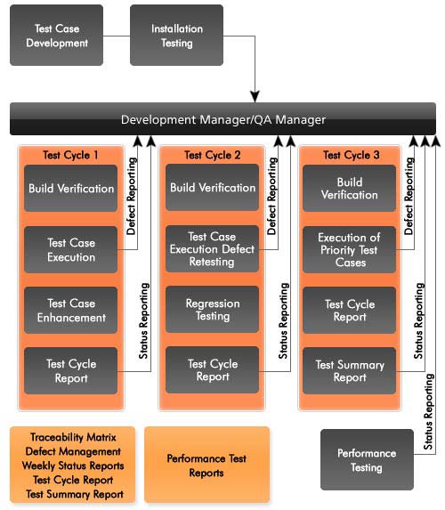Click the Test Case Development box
click(x=57, y=35)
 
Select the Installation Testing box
click(x=176, y=35)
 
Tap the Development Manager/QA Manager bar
click(x=222, y=119)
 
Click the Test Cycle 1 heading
click(x=70, y=155)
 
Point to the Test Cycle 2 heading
click(x=213, y=155)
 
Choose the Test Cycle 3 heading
click(x=351, y=155)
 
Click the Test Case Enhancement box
click(x=71, y=311)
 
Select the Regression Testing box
click(x=213, y=310)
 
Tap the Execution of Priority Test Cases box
click(x=350, y=249)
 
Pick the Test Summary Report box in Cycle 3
click(x=350, y=371)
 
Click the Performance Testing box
click(x=367, y=459)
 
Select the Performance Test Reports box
click(x=206, y=465)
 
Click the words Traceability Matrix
click(x=73, y=437)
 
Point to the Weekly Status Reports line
click(x=73, y=465)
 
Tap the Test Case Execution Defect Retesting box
click(x=213, y=249)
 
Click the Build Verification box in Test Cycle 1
click(x=71, y=189)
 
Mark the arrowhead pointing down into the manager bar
click(x=255, y=97)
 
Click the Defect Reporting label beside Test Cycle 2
click(x=272, y=196)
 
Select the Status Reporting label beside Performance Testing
click(x=428, y=411)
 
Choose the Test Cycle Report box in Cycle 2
click(x=213, y=370)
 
